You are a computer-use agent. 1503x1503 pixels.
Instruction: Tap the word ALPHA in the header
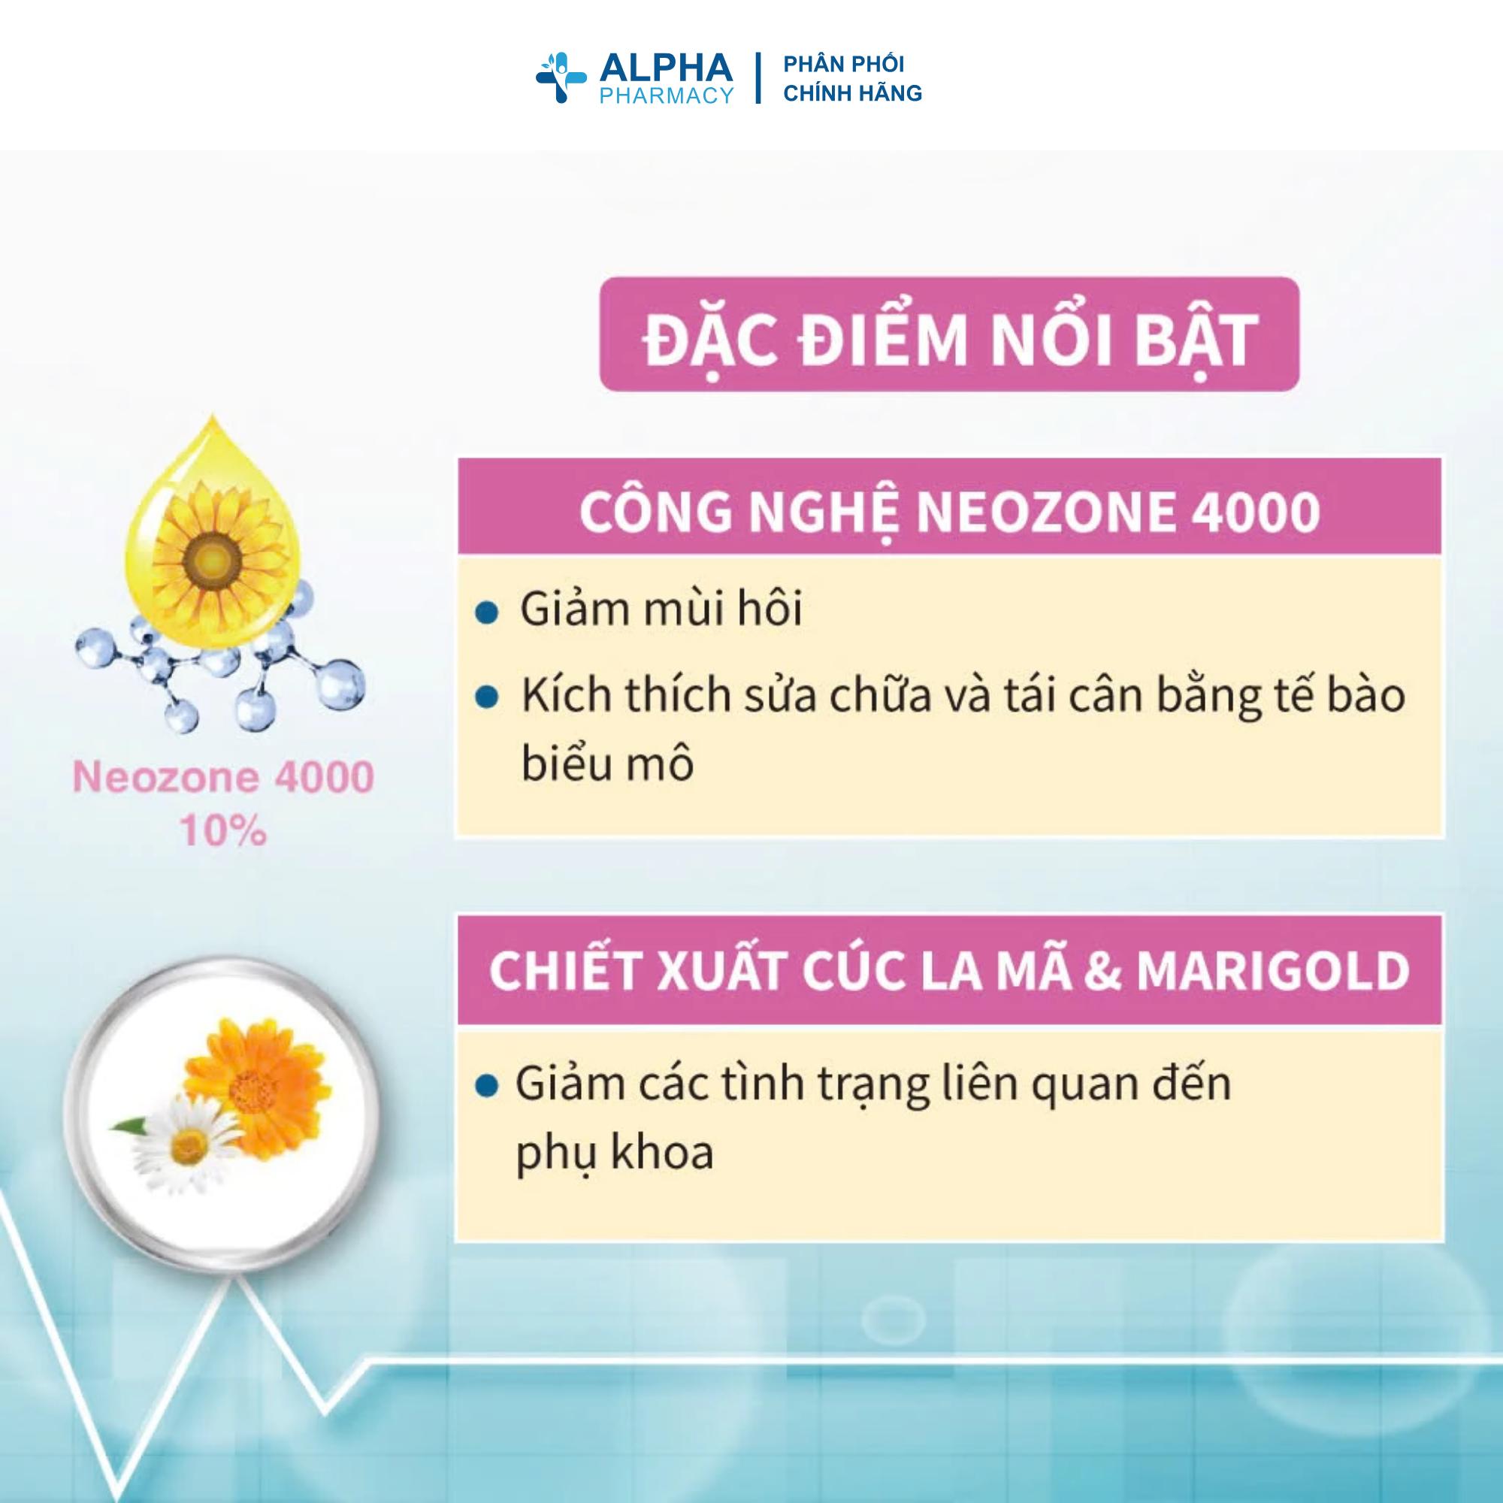coord(665,68)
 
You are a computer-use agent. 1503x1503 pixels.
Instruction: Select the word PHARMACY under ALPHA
coord(665,95)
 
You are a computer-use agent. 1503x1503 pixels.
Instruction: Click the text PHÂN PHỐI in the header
coord(843,65)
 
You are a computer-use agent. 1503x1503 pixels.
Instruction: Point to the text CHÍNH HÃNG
coord(852,93)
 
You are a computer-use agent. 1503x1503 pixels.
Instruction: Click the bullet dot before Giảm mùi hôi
coord(488,612)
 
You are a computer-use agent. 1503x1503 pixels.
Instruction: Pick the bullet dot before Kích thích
coord(488,698)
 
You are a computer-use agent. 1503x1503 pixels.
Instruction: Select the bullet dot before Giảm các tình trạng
coord(488,1087)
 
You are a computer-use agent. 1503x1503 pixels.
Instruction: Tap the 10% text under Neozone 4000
coord(223,833)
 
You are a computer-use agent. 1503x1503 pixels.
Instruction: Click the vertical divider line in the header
coord(758,79)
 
